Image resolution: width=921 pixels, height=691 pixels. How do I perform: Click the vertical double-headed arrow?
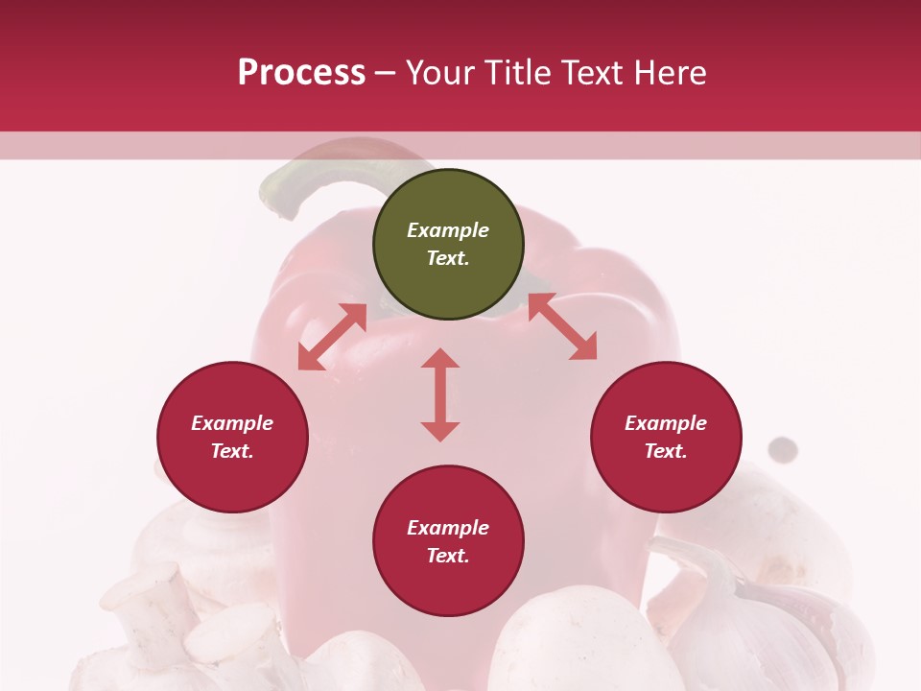click(x=440, y=394)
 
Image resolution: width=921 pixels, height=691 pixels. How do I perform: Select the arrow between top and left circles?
click(x=332, y=337)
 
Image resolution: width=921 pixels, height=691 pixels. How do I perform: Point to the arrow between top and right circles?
click(x=562, y=326)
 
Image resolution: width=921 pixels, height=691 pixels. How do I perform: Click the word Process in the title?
click(x=301, y=73)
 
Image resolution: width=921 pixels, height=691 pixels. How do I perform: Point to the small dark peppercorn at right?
click(x=784, y=447)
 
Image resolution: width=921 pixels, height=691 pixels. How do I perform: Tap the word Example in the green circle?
click(x=448, y=230)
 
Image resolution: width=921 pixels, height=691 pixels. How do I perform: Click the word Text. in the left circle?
click(x=232, y=451)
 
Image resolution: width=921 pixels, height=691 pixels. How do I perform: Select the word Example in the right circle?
click(x=666, y=423)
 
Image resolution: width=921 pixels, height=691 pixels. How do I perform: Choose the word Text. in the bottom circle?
click(x=448, y=556)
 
